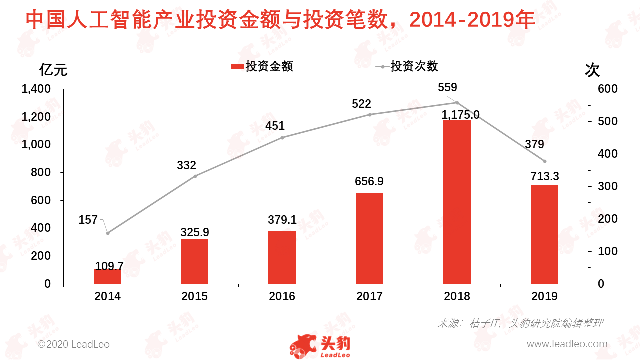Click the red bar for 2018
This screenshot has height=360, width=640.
coord(457,202)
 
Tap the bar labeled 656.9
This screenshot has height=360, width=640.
coord(369,238)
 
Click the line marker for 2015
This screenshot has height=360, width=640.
coord(195,176)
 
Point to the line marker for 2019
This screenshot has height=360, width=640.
coord(544,161)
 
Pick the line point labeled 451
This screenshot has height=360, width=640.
coord(282,138)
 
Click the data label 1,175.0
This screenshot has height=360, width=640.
coord(460,115)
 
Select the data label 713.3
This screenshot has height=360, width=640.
coord(544,176)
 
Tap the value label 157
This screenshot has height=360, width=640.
coord(88,220)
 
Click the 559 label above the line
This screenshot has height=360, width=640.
coord(447,88)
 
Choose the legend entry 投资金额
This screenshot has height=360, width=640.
coord(262,66)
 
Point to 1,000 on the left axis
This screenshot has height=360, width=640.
coord(37,145)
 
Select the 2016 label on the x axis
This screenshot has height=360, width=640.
coord(282,296)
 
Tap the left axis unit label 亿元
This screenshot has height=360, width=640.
coord(53,70)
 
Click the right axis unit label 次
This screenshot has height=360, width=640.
coord(592,70)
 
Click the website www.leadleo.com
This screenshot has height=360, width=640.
coord(567,344)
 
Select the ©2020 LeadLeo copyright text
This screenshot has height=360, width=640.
coord(74,344)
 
